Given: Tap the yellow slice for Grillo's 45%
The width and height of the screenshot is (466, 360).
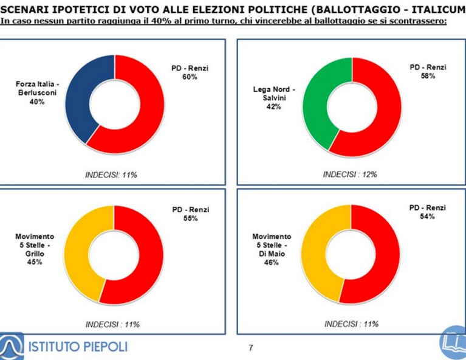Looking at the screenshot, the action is (x=77, y=253).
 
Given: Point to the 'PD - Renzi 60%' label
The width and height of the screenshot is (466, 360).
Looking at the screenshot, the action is (x=190, y=72).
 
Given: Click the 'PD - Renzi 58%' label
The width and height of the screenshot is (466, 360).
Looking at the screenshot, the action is (x=428, y=71).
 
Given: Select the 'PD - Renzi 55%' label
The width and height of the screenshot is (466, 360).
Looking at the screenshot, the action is (x=191, y=213).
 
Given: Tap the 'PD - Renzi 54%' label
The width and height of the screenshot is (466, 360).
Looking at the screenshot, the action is (x=427, y=212).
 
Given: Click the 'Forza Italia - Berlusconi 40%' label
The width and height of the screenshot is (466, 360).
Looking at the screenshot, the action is (x=37, y=93).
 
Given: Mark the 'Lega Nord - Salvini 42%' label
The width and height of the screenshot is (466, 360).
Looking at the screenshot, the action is (x=274, y=98).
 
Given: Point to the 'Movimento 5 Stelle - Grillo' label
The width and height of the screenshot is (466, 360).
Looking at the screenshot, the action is (x=35, y=249).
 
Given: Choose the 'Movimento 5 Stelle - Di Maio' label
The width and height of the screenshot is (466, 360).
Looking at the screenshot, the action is (x=272, y=249).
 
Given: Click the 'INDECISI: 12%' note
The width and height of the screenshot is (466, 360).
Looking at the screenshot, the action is (x=350, y=175).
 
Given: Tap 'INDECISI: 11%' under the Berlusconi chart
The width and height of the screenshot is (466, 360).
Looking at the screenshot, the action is (x=111, y=175).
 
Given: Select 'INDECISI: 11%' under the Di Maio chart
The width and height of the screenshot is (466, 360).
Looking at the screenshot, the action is (x=351, y=324).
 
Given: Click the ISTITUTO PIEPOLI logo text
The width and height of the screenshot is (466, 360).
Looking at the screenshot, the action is (x=78, y=347).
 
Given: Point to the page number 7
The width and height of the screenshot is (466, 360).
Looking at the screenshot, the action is (x=251, y=347).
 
